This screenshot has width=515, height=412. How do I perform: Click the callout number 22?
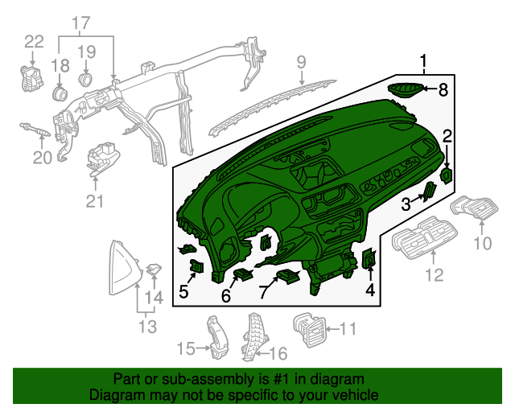(x=34, y=41)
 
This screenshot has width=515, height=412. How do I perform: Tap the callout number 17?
(x=82, y=24)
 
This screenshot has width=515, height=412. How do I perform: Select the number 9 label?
(x=301, y=61)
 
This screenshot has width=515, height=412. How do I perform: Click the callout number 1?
(x=423, y=60)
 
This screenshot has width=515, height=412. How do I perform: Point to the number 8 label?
(x=442, y=90)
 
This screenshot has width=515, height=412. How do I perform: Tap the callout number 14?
(x=153, y=297)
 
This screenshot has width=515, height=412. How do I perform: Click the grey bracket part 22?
(x=32, y=79)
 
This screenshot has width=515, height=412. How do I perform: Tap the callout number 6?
(x=226, y=297)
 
